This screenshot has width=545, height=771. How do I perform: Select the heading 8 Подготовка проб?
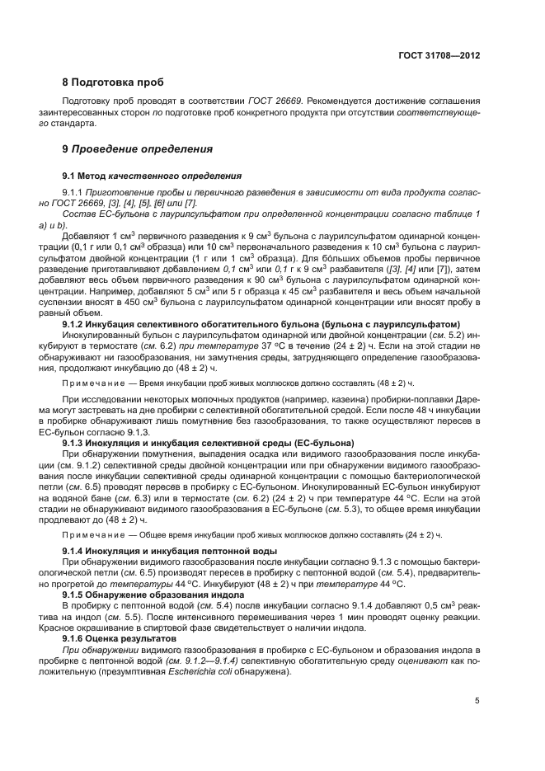click(x=113, y=82)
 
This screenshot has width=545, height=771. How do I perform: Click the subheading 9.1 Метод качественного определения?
click(x=152, y=176)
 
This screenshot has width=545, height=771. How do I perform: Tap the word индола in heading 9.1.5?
click(x=227, y=593)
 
